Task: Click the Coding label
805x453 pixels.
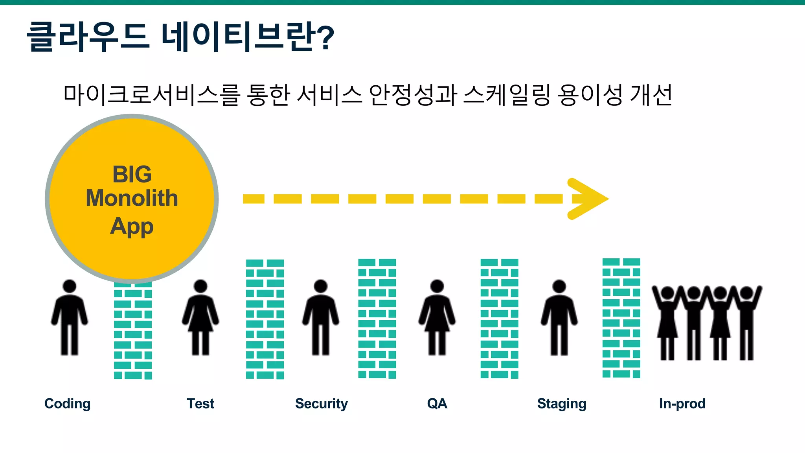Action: click(x=67, y=404)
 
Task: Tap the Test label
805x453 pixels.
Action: click(x=200, y=404)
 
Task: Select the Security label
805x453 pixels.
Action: click(x=321, y=404)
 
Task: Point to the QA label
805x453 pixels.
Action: click(x=437, y=404)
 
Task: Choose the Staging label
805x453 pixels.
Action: click(x=561, y=404)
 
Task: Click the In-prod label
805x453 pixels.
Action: click(x=682, y=404)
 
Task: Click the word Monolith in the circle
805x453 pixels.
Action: click(x=132, y=198)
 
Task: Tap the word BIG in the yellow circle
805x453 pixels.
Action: click(x=132, y=174)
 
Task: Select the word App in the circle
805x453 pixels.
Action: click(x=132, y=227)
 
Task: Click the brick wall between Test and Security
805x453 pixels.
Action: click(x=265, y=319)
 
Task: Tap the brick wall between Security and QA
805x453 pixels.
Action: click(x=377, y=319)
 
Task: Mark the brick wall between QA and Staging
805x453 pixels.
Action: click(x=499, y=319)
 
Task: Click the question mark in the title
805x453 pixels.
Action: click(x=325, y=38)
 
